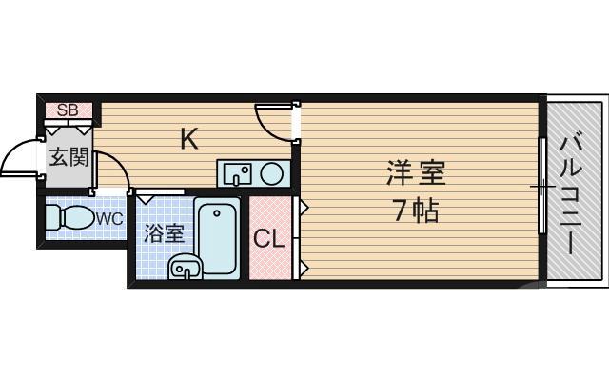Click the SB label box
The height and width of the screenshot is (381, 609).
[x=67, y=110]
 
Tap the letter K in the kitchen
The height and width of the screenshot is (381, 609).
[x=189, y=139]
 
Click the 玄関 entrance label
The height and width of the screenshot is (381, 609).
[x=69, y=157]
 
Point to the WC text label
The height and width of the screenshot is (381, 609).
[x=109, y=218]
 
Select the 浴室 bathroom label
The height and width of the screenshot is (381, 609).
[x=163, y=233]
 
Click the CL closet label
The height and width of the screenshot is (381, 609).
[x=268, y=238]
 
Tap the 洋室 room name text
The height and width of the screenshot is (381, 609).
[x=416, y=174]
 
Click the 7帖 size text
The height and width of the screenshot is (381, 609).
[x=416, y=211]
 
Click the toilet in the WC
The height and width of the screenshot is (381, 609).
[x=67, y=217]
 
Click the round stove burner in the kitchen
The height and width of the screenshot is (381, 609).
[x=272, y=173]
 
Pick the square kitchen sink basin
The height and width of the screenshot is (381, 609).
[x=237, y=173]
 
